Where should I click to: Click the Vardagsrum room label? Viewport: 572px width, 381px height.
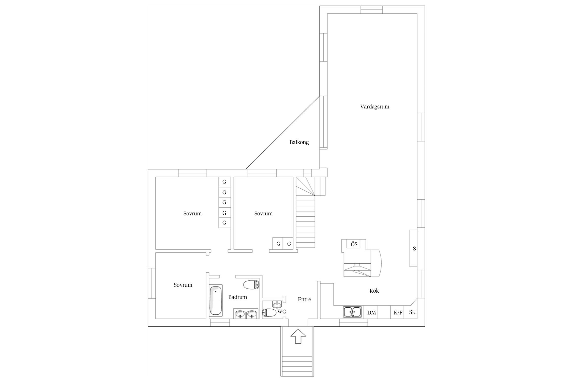point(374,107)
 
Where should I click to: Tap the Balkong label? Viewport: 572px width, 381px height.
point(299,142)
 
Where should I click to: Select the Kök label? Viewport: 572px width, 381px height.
point(374,291)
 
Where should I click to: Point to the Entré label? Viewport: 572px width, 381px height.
point(304,299)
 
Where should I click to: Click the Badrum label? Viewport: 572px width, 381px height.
point(237,297)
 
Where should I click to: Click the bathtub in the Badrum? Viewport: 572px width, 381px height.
point(216,301)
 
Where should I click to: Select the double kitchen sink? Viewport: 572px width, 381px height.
point(352,312)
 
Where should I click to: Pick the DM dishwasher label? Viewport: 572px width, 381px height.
point(371,313)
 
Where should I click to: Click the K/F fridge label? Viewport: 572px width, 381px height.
point(398,313)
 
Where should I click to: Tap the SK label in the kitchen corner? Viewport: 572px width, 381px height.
point(412,312)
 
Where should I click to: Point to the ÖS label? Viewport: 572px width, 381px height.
point(354,244)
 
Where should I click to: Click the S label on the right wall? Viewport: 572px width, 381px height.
point(414,249)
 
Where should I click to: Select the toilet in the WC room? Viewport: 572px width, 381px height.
point(269,313)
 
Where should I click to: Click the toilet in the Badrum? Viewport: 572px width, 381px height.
point(251,285)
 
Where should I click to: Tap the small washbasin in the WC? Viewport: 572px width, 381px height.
point(277,304)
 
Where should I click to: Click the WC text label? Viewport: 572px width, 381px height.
point(282,312)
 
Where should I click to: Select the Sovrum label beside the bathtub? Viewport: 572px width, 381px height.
point(183,285)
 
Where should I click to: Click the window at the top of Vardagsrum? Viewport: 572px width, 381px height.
point(372,10)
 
